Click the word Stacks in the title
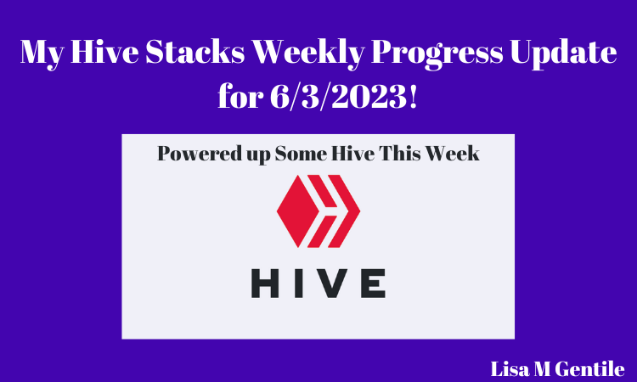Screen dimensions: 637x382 [195, 52]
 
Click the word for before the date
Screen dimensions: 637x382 [240, 96]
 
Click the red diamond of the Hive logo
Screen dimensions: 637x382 [297, 211]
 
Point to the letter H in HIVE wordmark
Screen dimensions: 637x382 [265, 284]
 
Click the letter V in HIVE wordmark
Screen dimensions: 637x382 [331, 284]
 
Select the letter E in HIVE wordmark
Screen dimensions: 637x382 [373, 284]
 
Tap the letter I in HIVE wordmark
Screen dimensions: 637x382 [297, 284]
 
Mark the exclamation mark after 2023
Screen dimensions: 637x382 [413, 97]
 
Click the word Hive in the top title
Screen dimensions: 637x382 [104, 52]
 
